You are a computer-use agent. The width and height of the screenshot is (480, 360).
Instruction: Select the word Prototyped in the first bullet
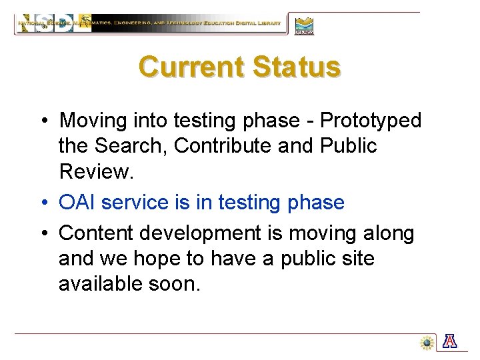point(371,121)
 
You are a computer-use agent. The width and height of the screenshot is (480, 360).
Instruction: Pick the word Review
point(96,171)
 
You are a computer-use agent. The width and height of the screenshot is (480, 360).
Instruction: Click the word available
point(99,284)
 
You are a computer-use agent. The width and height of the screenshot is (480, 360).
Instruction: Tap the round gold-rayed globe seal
point(427,343)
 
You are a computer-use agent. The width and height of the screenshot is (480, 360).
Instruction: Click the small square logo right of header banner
point(304,25)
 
